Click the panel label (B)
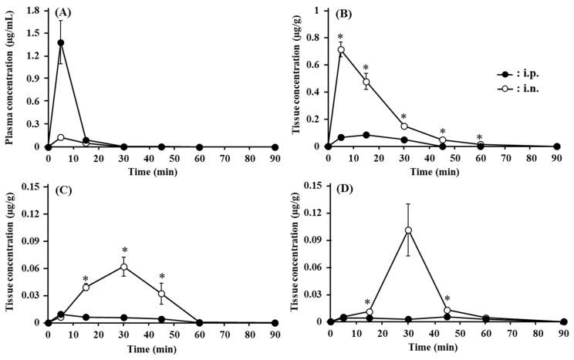pos(346,12)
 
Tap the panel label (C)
pos(66,190)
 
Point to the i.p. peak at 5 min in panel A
pos(60,42)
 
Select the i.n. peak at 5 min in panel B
pos(341,49)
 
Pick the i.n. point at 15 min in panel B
pos(366,82)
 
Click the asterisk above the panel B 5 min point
pos(340,36)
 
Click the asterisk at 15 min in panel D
pos(367,302)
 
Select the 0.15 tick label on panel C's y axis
pos(33,187)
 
